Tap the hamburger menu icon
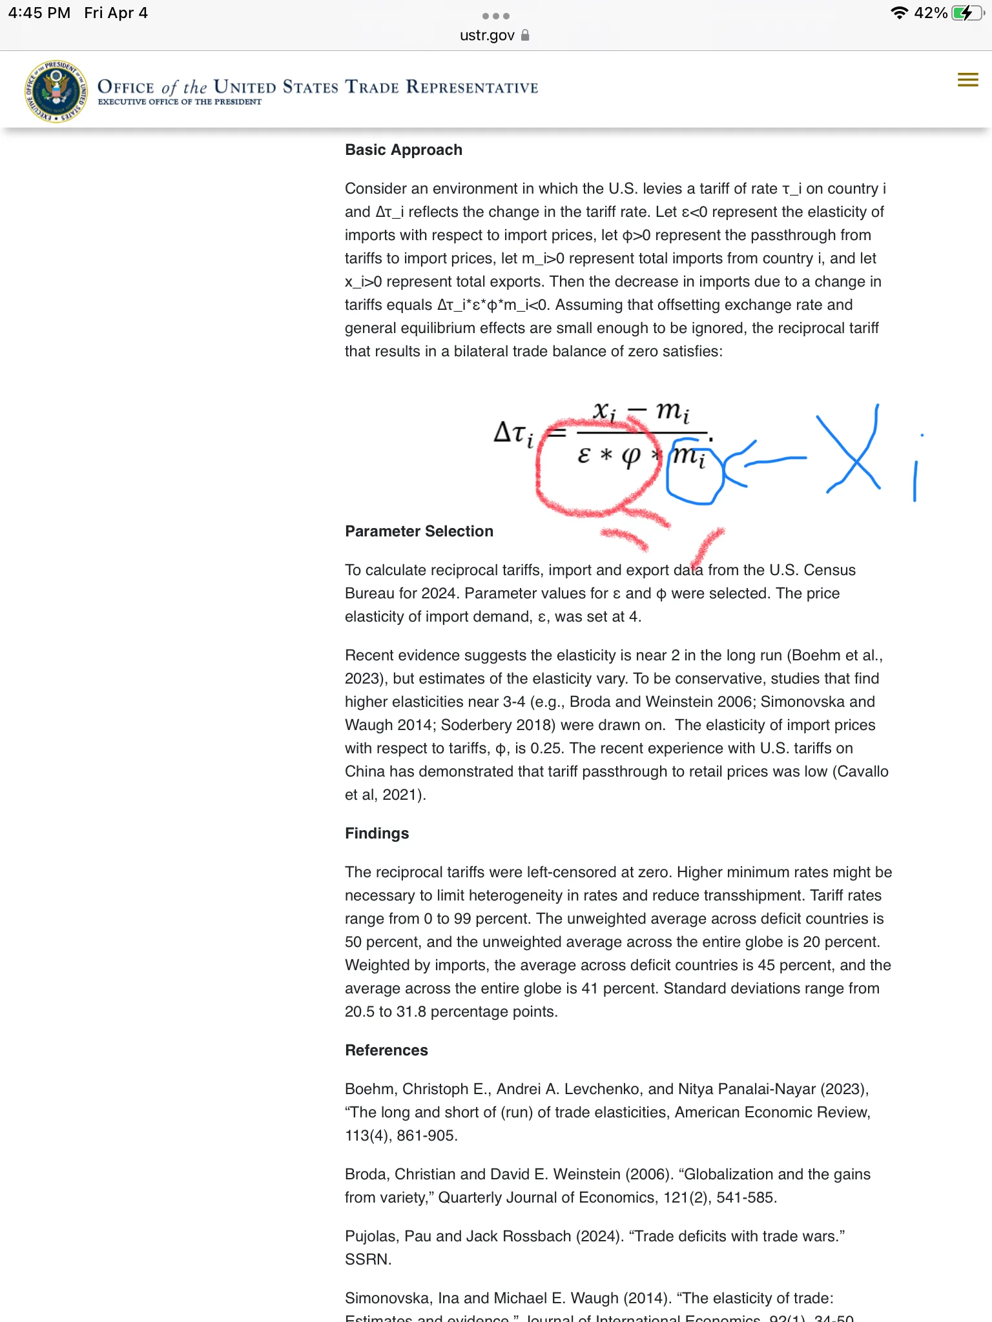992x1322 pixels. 967,80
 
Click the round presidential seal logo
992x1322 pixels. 56,92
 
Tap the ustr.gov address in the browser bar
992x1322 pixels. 487,36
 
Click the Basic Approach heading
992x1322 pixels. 404,150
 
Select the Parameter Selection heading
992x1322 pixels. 419,531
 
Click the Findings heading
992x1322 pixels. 377,833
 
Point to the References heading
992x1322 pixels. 386,1050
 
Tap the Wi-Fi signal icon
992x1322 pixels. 898,13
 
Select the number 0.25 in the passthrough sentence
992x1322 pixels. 547,748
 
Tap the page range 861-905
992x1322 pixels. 427,1135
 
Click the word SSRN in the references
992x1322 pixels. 367,1259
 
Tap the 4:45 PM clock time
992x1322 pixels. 39,13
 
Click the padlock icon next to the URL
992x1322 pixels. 525,35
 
